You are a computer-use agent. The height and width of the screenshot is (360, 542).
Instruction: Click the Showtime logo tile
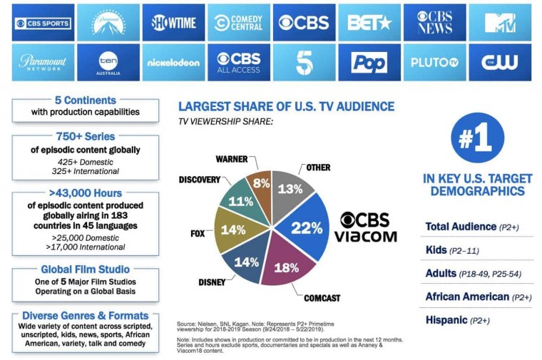pyautogui.click(x=173, y=23)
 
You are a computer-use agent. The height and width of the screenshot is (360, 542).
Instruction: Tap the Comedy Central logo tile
pyautogui.click(x=238, y=23)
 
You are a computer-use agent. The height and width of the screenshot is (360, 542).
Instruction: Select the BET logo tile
pyautogui.click(x=369, y=23)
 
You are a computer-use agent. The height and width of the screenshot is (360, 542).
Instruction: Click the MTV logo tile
pyautogui.click(x=499, y=23)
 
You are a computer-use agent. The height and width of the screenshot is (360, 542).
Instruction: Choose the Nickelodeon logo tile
pyautogui.click(x=173, y=62)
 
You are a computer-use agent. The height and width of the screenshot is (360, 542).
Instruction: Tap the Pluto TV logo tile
pyautogui.click(x=434, y=62)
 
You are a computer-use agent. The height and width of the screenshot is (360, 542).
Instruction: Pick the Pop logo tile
pyautogui.click(x=369, y=62)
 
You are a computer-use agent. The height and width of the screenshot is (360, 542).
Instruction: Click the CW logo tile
pyautogui.click(x=499, y=62)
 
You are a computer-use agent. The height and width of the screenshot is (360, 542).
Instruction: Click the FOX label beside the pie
pyautogui.click(x=198, y=233)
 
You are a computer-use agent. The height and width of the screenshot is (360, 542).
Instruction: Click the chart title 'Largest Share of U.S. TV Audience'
pyautogui.click(x=285, y=107)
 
